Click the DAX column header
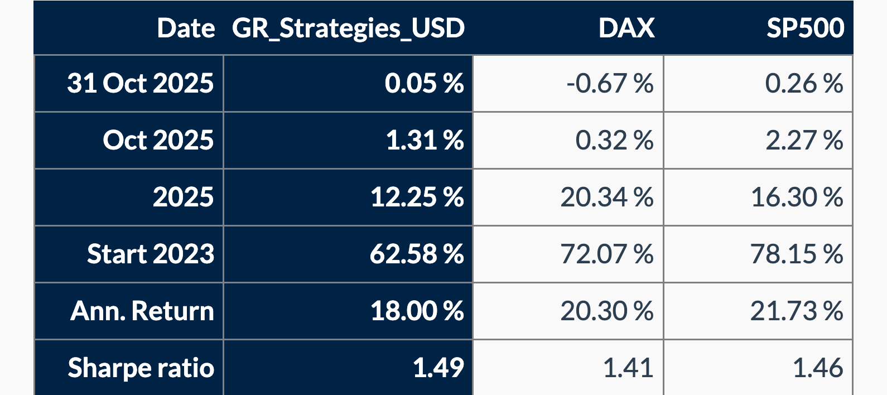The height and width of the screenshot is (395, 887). pyautogui.click(x=626, y=28)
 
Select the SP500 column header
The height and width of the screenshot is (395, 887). pyautogui.click(x=805, y=28)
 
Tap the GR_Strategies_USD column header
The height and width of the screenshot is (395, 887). pyautogui.click(x=348, y=28)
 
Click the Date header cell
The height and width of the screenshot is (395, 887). pyautogui.click(x=186, y=28)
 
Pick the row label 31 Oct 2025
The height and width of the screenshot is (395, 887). pyautogui.click(x=140, y=83)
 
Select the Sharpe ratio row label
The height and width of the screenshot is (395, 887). pyautogui.click(x=141, y=368)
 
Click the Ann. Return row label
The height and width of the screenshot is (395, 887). pyautogui.click(x=142, y=311)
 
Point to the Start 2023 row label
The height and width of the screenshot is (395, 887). pyautogui.click(x=150, y=254)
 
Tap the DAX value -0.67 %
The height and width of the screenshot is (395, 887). pyautogui.click(x=609, y=84)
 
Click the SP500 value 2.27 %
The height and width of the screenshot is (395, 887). pyautogui.click(x=804, y=140)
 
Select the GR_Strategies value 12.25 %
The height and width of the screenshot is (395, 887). pyautogui.click(x=417, y=197)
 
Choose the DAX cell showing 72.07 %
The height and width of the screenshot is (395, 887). pyautogui.click(x=606, y=254)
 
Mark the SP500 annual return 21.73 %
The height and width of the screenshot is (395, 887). pyautogui.click(x=796, y=311)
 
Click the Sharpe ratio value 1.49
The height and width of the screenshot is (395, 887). pyautogui.click(x=438, y=368)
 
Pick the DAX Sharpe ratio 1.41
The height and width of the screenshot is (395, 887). pyautogui.click(x=628, y=368)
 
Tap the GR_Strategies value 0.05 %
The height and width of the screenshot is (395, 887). pyautogui.click(x=424, y=84)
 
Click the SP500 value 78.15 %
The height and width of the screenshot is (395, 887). pyautogui.click(x=796, y=254)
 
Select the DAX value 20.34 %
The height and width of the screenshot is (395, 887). pyautogui.click(x=606, y=197)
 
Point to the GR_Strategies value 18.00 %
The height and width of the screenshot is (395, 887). pyautogui.click(x=417, y=311)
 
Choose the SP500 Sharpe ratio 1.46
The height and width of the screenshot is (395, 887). pyautogui.click(x=817, y=368)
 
